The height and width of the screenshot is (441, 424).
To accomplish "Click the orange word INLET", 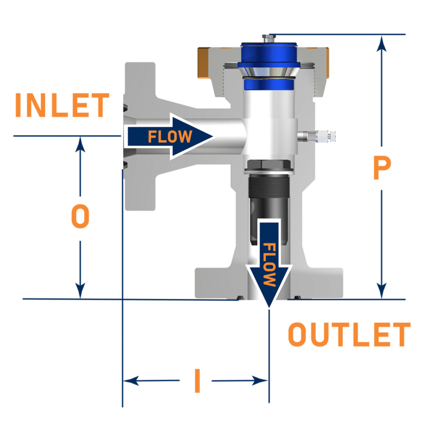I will pos(61,106).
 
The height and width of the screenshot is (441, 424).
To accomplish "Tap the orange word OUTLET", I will pos(349,335).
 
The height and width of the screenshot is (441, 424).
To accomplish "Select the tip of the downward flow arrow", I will pos(268,305).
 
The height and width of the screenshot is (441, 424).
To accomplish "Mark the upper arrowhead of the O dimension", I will pos(81,142).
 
